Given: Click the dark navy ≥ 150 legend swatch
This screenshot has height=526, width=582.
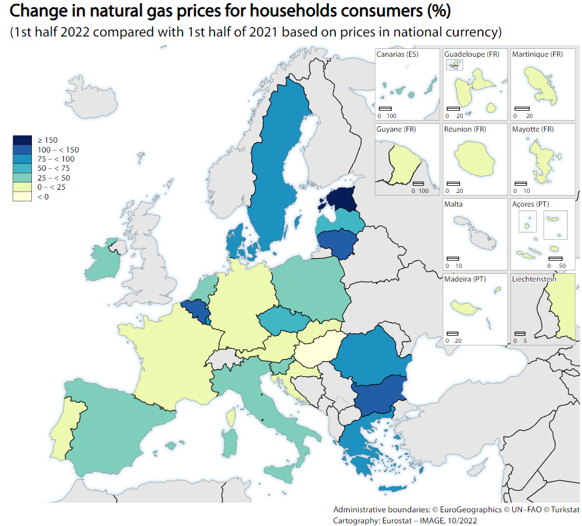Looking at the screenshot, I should tap(22, 140).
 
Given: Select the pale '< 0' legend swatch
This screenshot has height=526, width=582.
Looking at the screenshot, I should tap(22, 196).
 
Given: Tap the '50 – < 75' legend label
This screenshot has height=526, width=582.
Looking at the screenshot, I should tap(53, 168).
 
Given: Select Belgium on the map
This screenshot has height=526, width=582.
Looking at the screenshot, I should tap(196, 312).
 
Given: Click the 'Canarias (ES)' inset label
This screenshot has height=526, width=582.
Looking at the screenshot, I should tap(397, 54).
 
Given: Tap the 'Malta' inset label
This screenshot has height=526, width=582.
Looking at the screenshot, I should tap(454, 204).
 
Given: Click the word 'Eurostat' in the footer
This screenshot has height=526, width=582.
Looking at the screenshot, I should tap(393, 520).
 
